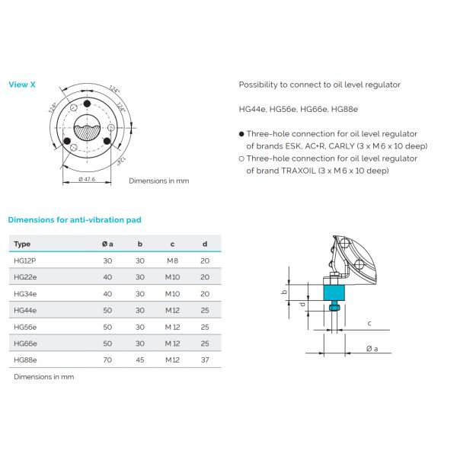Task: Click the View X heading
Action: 21,85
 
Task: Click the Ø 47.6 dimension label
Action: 92,179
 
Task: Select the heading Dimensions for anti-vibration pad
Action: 74,219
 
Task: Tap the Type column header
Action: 22,244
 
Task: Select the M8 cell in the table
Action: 171,260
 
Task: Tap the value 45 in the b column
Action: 139,360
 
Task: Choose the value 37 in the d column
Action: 204,360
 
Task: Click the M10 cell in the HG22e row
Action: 172,276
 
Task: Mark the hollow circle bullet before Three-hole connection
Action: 241,158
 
